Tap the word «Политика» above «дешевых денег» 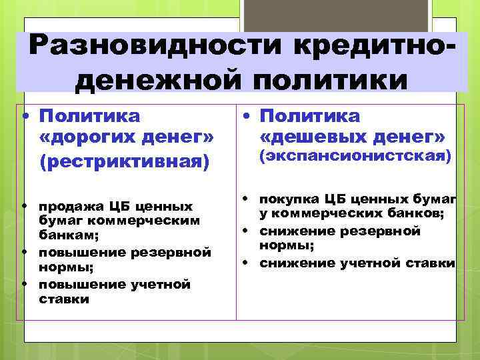(x=310, y=116)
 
